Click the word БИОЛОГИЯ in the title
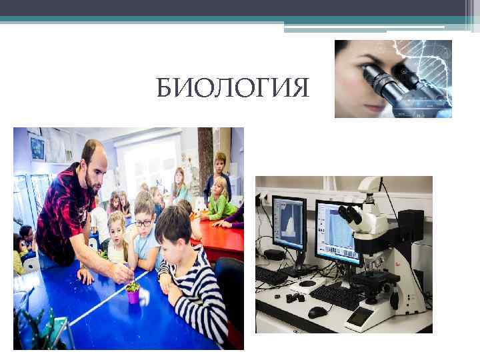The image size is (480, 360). [x=233, y=87]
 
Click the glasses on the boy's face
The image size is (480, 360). [x=143, y=223]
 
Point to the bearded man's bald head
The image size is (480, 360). [x=93, y=148]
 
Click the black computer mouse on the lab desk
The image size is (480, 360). [x=318, y=311]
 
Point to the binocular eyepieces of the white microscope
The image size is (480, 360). [x=349, y=214]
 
